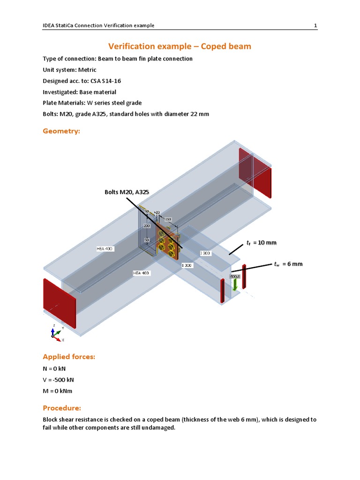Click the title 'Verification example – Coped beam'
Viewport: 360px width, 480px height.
pos(180,46)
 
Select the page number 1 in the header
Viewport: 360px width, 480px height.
pos(315,25)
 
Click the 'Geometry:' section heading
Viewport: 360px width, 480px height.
pos(61,132)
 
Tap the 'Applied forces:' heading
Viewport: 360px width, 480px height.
pos(69,357)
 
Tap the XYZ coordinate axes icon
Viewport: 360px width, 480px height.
pos(56,332)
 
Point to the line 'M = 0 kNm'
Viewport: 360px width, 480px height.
pos(58,391)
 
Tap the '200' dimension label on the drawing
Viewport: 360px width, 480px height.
pos(147,225)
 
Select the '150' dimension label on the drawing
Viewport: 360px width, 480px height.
pos(167,219)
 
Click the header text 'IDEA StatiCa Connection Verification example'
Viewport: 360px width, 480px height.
pos(98,25)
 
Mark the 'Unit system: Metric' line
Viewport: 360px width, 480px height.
pos(69,70)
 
